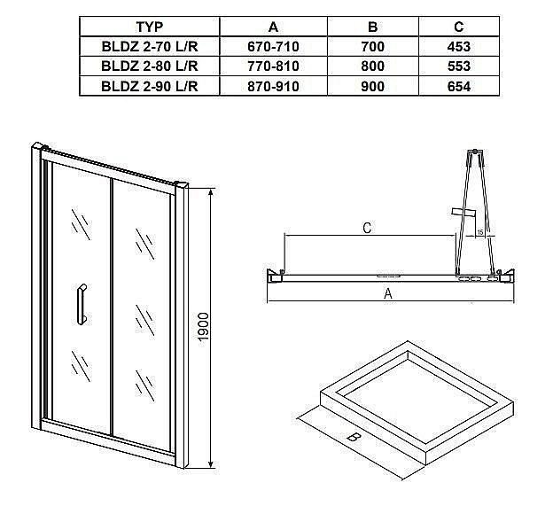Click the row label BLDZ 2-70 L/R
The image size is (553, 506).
coord(148,47)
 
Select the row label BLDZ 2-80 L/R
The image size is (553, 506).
coord(148,66)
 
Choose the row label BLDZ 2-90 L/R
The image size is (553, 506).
coord(148,86)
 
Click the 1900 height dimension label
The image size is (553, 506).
coord(203,330)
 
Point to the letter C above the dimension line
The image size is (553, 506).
coord(367,228)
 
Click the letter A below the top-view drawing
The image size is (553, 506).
coord(387,295)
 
